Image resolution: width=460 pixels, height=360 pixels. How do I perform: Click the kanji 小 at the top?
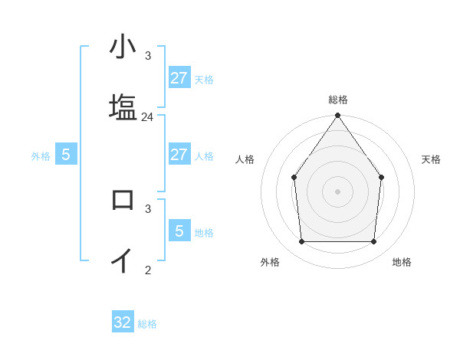coord(123,47)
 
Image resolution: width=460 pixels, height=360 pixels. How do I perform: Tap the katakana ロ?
coord(123,200)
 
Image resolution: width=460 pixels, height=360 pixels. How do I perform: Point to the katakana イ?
coord(123,260)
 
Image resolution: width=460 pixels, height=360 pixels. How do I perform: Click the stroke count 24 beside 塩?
coord(148,117)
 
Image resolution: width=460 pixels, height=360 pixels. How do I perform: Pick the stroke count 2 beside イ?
coord(148,270)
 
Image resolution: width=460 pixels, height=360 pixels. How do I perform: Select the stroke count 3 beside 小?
coord(148,56)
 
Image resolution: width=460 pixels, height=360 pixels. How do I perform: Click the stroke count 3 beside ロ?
coord(148,208)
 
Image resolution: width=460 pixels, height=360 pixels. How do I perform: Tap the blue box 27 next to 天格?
coord(179,78)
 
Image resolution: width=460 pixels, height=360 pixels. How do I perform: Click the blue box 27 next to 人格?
coord(179,155)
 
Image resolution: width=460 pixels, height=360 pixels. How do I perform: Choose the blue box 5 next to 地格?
coord(179,231)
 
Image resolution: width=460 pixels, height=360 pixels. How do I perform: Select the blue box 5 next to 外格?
coord(66,155)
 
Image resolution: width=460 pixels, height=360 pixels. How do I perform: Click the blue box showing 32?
coord(123,322)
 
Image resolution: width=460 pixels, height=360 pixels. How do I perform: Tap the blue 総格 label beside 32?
coord(147,324)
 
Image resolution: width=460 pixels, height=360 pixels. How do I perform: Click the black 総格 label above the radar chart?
coord(338,100)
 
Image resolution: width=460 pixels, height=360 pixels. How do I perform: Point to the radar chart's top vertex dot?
coord(338,116)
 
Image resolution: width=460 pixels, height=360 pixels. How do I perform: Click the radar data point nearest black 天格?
coord(382,178)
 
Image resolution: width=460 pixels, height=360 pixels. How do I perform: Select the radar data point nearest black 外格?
coord(302,242)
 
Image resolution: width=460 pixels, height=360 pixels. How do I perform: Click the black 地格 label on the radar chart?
coord(402,263)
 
